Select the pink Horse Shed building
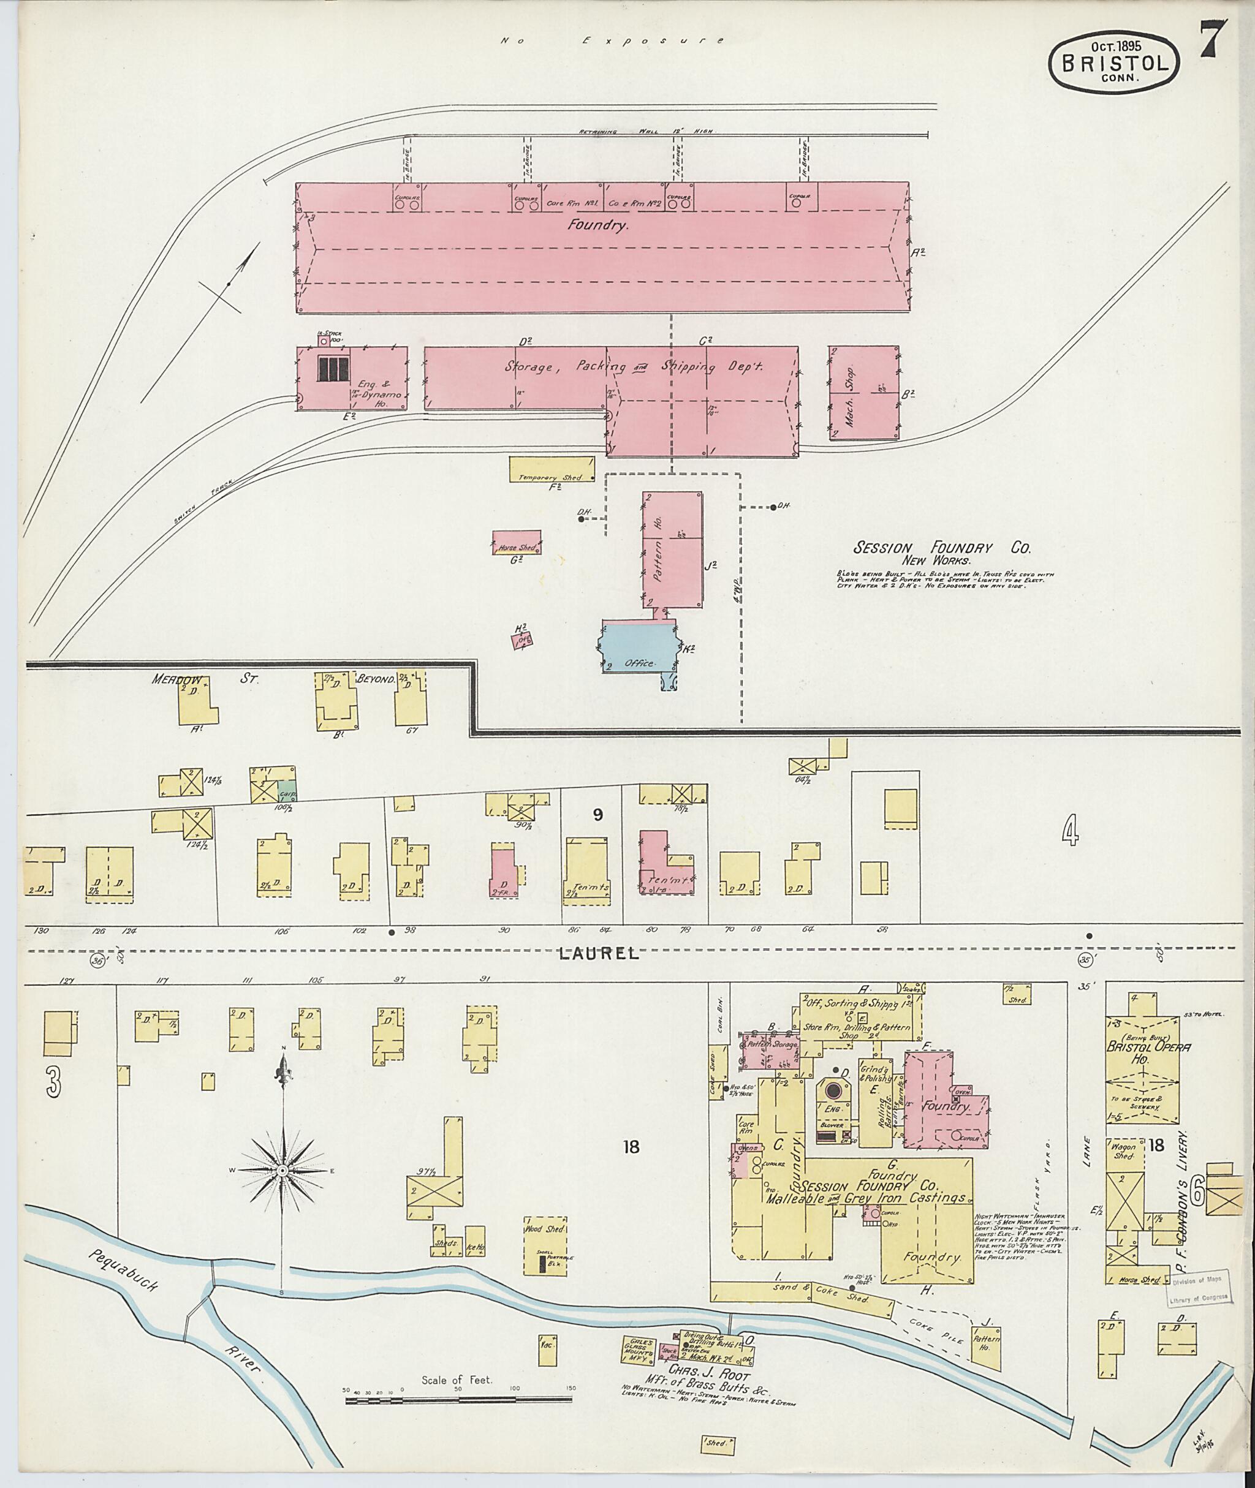[x=517, y=543]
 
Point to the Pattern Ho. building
[x=672, y=548]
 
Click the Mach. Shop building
[x=863, y=393]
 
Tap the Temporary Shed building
[x=552, y=469]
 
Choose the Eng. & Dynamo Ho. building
[x=352, y=379]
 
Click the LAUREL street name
[x=598, y=954]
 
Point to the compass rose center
[x=282, y=1171]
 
